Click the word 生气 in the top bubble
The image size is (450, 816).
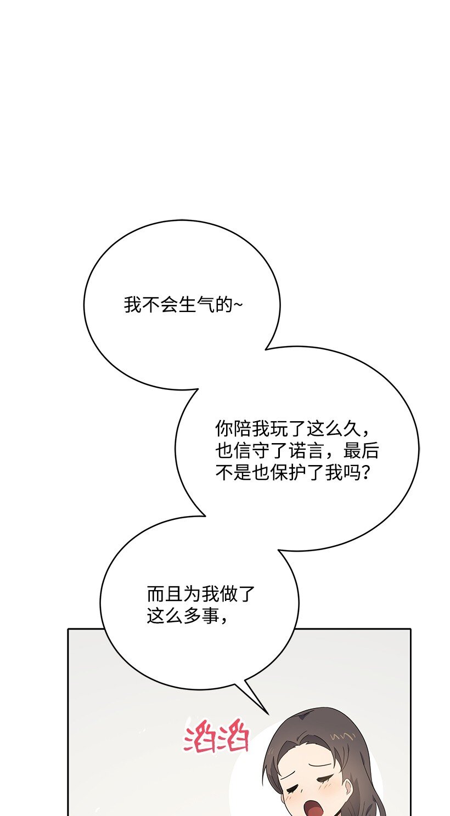tap(196, 304)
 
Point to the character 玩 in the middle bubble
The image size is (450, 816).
tap(279, 429)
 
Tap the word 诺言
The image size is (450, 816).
tap(306, 451)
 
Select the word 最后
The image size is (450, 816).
tap(361, 451)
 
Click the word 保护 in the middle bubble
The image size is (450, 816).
tap(288, 473)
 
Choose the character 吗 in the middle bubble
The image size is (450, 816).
tap(352, 473)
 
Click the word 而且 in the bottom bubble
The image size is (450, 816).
tap(165, 594)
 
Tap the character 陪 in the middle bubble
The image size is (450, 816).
tap(243, 429)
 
